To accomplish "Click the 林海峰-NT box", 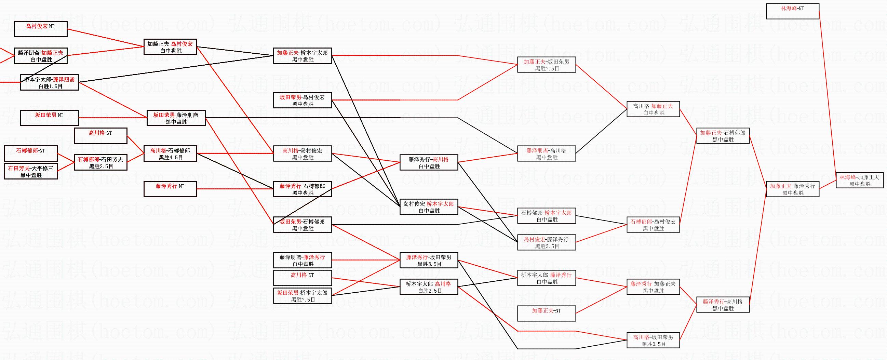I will click(x=792, y=11).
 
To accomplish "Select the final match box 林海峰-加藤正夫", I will click(x=859, y=181).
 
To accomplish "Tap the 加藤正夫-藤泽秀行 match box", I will click(x=792, y=189).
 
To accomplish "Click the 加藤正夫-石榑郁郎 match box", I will click(x=723, y=136).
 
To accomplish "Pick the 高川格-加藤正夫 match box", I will click(x=653, y=109).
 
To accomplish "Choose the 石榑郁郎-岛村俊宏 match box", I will click(x=653, y=225).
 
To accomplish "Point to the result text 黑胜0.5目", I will click(x=654, y=344).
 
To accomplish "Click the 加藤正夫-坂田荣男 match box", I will click(x=547, y=65).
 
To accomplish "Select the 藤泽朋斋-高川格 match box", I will click(x=547, y=154).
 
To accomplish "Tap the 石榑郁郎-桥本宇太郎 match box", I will click(x=547, y=216).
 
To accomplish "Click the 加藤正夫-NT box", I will click(x=547, y=314).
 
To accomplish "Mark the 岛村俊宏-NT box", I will click(x=41, y=29).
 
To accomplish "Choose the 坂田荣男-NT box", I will click(x=49, y=118).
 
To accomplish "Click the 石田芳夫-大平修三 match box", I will click(x=31, y=172).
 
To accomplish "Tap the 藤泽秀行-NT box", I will click(x=170, y=189).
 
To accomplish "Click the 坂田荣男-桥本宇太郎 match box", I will click(x=302, y=296).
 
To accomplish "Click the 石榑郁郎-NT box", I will click(x=31, y=154).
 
